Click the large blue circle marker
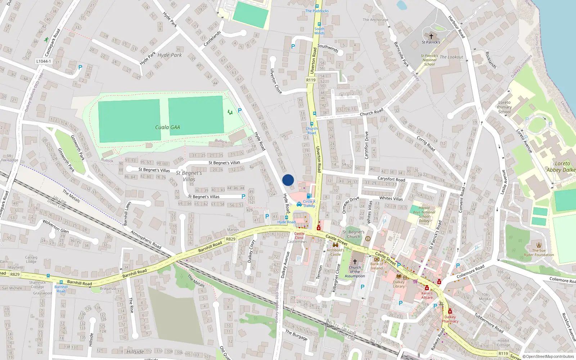coord(288,180)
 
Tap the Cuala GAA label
coord(167,127)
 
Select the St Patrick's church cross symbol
coord(431,36)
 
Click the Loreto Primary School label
coord(504,107)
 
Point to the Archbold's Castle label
coord(336,252)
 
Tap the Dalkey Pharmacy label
coord(450,319)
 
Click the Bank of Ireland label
coord(377,266)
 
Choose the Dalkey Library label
coord(399,284)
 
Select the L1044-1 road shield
coord(44,61)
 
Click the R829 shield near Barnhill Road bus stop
coord(15,274)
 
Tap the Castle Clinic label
coord(299,235)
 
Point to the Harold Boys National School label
coord(424,214)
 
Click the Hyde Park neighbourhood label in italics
coord(170,55)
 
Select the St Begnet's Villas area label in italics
coord(189,176)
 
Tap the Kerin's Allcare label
coord(427,295)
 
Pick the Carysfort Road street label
coord(391,179)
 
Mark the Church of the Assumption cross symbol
coord(355,262)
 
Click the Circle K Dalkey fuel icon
coord(309,196)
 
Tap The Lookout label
coord(451,57)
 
